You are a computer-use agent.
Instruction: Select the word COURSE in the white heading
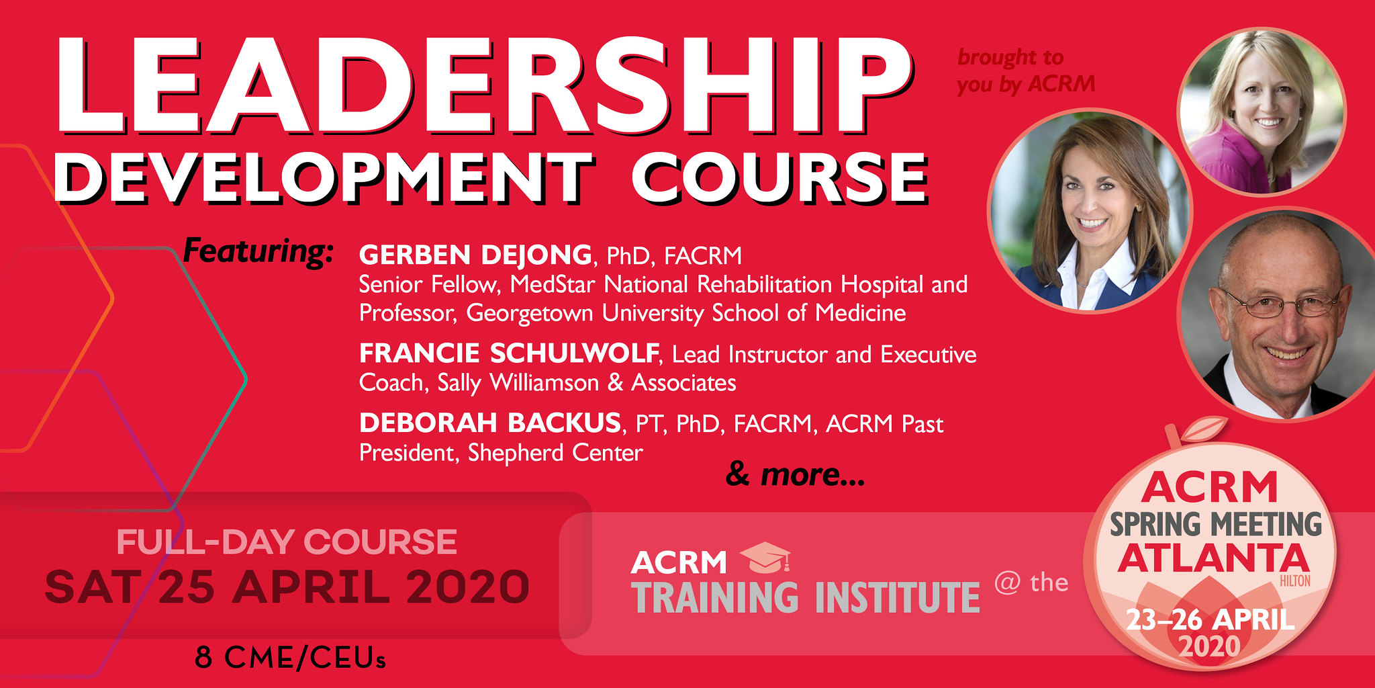(779, 177)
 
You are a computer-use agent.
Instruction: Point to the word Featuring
(258, 252)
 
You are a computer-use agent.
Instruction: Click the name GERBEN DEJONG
(475, 255)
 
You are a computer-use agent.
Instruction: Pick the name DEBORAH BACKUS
(490, 423)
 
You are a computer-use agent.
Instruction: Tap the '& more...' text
(796, 475)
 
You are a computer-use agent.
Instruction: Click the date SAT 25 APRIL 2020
(287, 587)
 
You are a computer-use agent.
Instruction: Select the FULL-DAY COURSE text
(287, 542)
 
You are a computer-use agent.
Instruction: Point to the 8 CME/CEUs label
(291, 658)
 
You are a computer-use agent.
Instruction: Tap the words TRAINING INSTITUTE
(806, 597)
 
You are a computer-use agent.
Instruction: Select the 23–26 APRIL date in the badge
(1210, 619)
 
